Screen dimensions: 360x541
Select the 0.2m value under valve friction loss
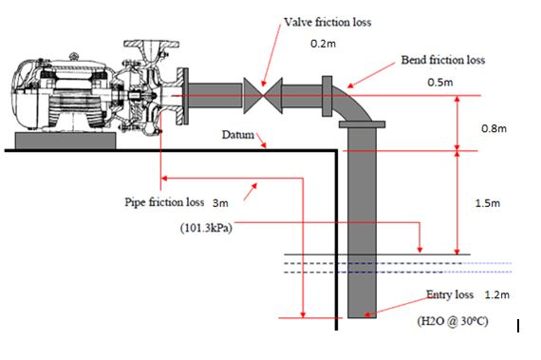pyautogui.click(x=326, y=44)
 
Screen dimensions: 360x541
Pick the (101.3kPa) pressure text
pyautogui.click(x=207, y=228)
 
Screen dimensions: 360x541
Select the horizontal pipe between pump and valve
pyautogui.click(x=217, y=95)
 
